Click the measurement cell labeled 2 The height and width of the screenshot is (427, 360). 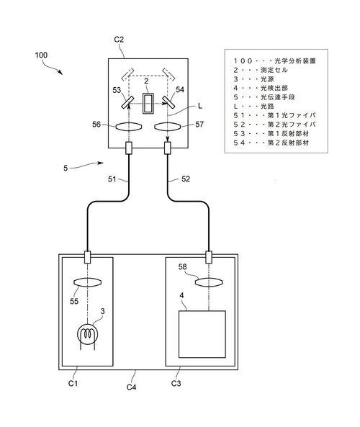click(x=148, y=103)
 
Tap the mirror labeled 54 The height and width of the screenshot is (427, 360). click(x=168, y=102)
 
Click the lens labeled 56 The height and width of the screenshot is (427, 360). click(x=129, y=127)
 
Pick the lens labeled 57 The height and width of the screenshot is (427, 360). click(x=167, y=127)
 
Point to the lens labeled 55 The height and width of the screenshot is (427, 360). click(x=87, y=282)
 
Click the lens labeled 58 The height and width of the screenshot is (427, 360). click(x=209, y=282)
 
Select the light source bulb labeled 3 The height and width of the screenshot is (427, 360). click(x=87, y=333)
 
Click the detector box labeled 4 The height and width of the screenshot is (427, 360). click(x=202, y=334)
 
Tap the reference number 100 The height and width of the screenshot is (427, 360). click(x=41, y=55)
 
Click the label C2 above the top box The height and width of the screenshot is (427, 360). click(x=119, y=40)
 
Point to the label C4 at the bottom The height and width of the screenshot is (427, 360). click(x=131, y=387)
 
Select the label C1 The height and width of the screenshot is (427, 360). click(x=73, y=383)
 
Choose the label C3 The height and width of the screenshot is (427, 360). click(x=176, y=383)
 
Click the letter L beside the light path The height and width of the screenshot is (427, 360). click(x=200, y=106)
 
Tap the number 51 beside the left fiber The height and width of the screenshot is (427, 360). click(x=112, y=179)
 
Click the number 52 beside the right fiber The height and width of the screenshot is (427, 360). click(x=186, y=179)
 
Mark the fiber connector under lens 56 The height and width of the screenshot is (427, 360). click(x=129, y=148)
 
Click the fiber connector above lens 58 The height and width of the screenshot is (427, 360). click(x=209, y=257)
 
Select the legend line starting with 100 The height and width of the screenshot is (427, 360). click(x=274, y=61)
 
